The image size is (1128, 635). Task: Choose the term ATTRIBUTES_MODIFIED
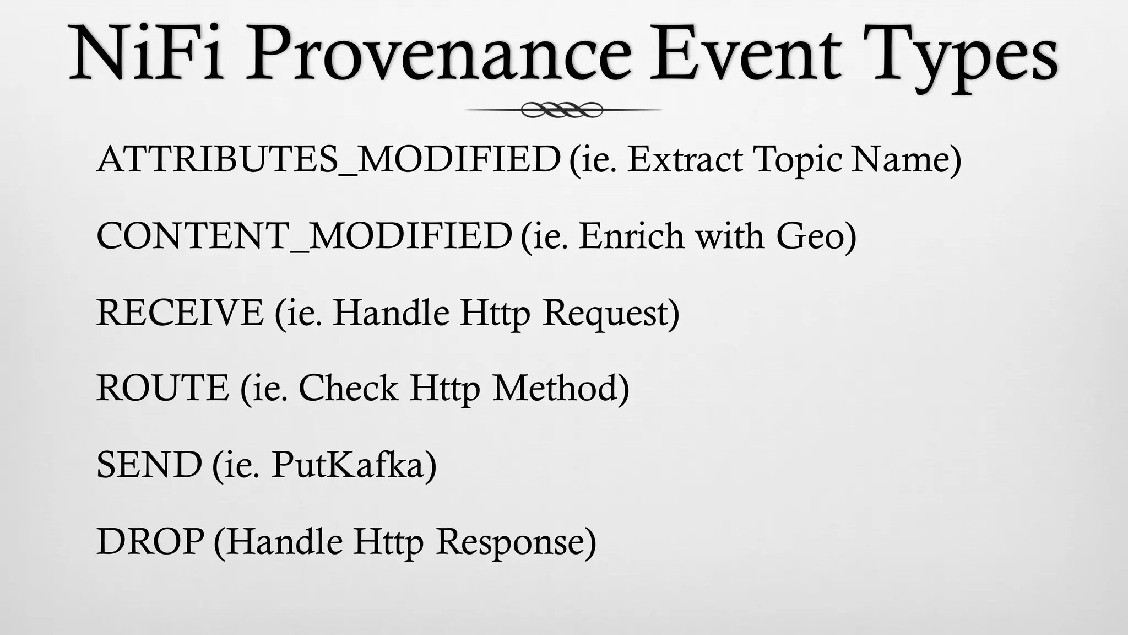click(x=328, y=159)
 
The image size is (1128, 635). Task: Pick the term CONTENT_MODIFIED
click(x=304, y=236)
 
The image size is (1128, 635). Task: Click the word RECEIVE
click(x=180, y=313)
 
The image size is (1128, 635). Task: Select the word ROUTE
click(x=162, y=388)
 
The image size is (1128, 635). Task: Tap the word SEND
click(x=149, y=465)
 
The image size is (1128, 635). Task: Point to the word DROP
click(x=150, y=541)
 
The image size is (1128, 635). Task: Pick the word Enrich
click(x=631, y=236)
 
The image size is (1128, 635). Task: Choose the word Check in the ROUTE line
click(x=348, y=388)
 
